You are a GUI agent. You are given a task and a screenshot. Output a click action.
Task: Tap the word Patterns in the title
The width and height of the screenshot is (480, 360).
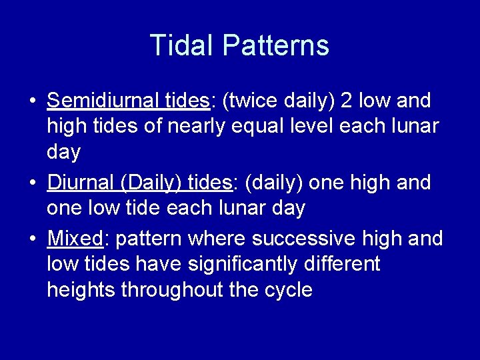276,45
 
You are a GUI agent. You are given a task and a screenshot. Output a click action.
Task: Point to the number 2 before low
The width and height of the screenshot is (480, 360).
347,101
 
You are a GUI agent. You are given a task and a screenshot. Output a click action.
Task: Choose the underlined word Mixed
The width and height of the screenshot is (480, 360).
73,239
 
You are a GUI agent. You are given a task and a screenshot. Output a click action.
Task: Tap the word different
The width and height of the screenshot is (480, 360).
341,264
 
